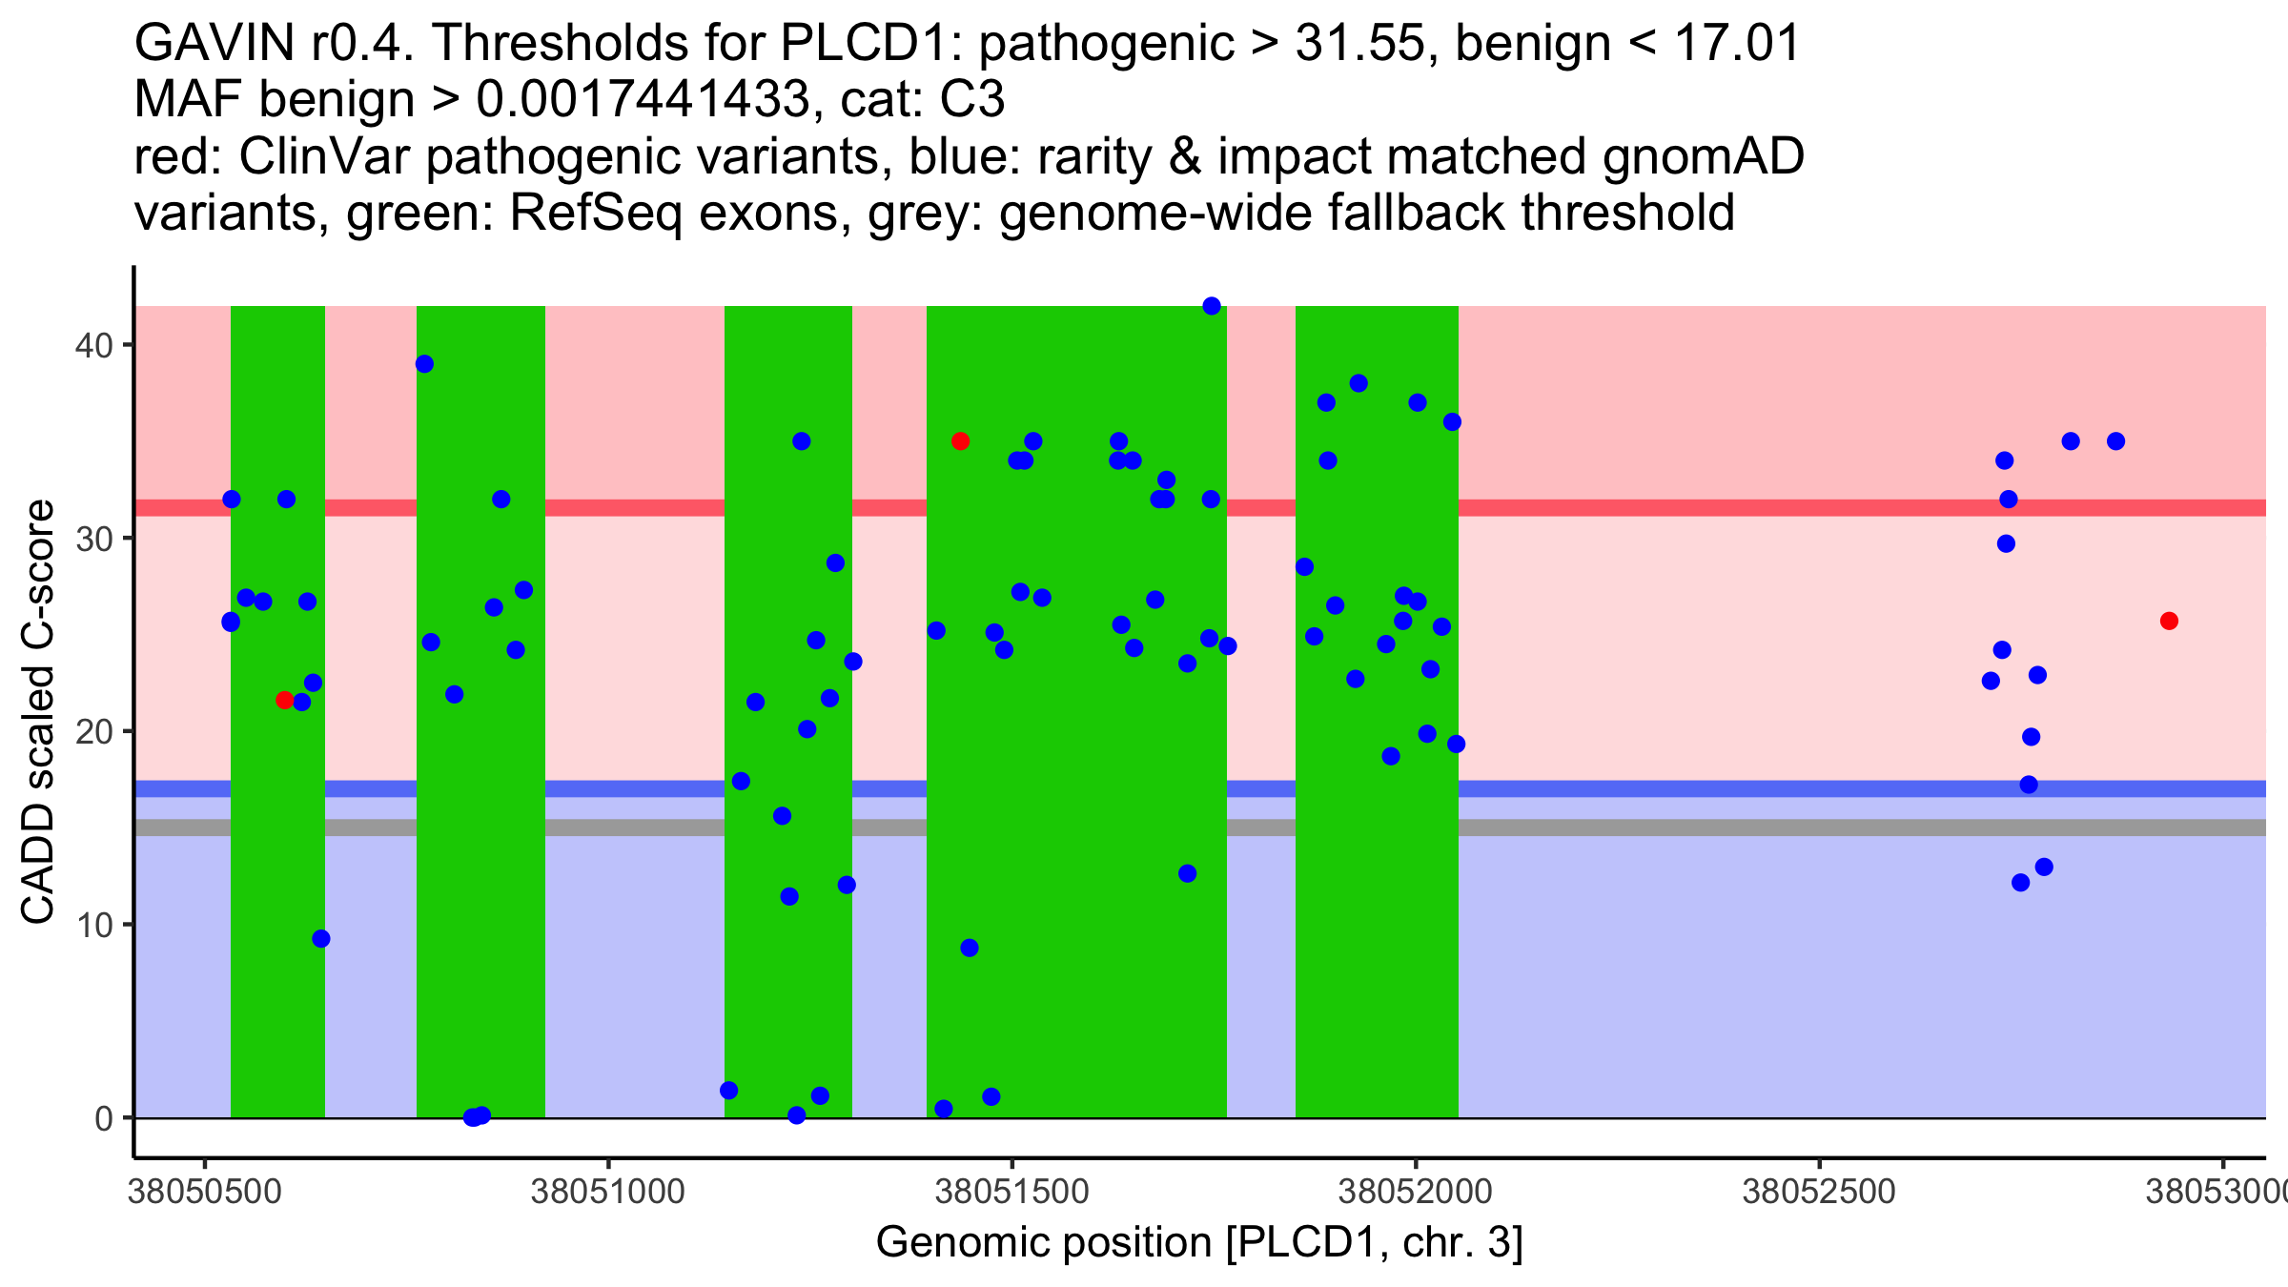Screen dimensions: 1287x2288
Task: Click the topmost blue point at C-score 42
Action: pyautogui.click(x=1212, y=306)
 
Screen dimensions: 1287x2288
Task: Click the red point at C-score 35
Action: pyautogui.click(x=961, y=441)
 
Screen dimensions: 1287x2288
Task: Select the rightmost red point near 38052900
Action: pyautogui.click(x=2169, y=622)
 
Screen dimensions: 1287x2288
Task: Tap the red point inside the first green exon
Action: pyautogui.click(x=284, y=701)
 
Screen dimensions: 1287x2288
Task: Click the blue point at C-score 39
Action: pyautogui.click(x=425, y=364)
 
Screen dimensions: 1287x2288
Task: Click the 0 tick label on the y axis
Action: pyautogui.click(x=104, y=1118)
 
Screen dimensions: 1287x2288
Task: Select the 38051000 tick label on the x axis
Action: pyautogui.click(x=607, y=1192)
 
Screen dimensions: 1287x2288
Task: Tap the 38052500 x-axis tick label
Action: pyautogui.click(x=1818, y=1192)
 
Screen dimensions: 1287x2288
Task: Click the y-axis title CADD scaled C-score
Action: pyautogui.click(x=38, y=712)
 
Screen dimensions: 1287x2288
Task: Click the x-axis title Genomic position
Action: pyautogui.click(x=1199, y=1242)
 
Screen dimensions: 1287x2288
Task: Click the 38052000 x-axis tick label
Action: pyautogui.click(x=1415, y=1192)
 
